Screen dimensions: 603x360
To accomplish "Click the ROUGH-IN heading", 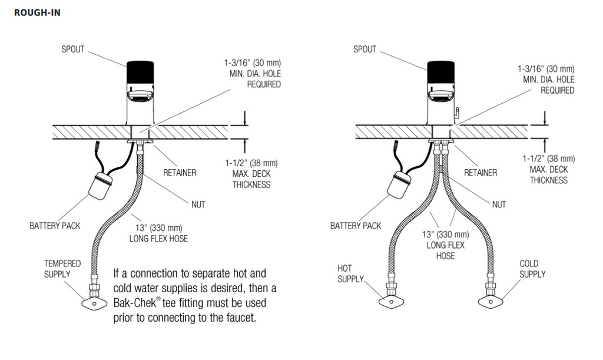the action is point(37,13).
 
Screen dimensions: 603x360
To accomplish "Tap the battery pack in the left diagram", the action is point(101,186).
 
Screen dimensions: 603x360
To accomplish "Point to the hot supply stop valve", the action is point(391,302).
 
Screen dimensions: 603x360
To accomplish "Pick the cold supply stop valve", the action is point(491,302).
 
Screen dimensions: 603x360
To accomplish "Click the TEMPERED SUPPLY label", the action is point(62,269).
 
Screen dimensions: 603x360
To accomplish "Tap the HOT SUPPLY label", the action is point(350,273).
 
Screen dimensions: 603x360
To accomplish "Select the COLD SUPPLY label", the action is point(532,269).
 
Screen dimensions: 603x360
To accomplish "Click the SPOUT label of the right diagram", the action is point(365,49).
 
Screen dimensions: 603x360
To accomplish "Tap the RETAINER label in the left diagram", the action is point(180,173).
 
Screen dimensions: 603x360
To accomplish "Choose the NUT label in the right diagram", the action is point(499,204).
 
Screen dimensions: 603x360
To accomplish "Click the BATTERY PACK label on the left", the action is point(55,226).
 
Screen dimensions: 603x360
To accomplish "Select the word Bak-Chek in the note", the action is point(135,303).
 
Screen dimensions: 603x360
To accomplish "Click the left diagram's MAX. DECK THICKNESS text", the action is point(251,179).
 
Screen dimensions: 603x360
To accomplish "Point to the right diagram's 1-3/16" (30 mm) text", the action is point(546,69).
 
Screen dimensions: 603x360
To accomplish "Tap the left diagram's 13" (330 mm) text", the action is point(159,227).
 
